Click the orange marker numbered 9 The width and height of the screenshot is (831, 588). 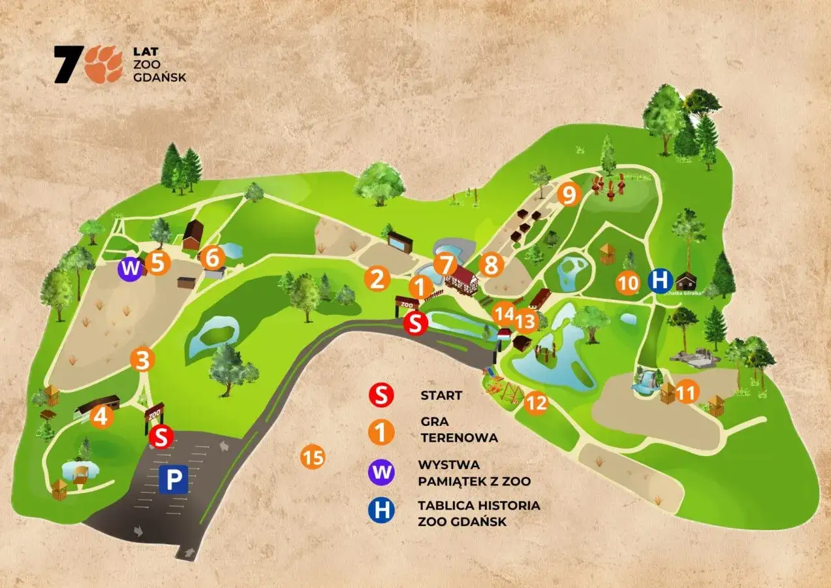569,194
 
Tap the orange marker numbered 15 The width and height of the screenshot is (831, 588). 313,457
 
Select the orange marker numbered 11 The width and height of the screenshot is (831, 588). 685,392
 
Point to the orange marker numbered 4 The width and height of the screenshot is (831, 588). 101,416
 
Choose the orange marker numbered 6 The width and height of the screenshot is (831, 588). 212,258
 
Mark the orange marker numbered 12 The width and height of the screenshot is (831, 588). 536,403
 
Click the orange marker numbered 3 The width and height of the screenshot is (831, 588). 142,359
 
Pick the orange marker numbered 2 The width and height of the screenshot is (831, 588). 377,279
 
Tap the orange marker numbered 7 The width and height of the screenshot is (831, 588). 446,265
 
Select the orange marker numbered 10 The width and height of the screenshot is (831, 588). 627,283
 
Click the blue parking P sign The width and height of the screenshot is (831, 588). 173,480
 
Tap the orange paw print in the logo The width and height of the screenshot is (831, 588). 104,64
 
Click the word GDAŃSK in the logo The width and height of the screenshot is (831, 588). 168,77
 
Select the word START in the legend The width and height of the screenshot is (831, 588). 441,395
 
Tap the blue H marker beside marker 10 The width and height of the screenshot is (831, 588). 660,281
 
